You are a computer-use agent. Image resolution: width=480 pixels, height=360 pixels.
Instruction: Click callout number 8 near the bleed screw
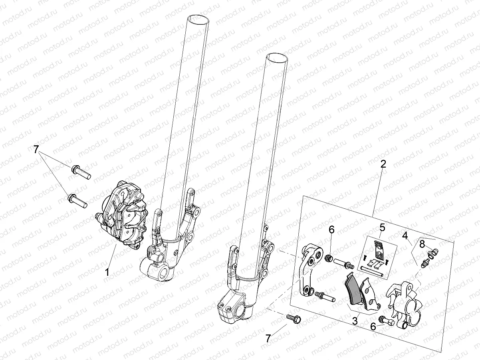[422, 244]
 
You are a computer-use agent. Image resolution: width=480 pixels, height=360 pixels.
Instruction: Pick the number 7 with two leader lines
[36, 150]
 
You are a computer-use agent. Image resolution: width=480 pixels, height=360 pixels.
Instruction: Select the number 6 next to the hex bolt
[373, 326]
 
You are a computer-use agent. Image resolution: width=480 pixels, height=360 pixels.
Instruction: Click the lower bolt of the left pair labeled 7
[78, 200]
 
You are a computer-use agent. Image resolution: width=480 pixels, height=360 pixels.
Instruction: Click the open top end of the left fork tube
[198, 19]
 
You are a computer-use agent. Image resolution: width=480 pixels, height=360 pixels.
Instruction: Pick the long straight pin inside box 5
[373, 272]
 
